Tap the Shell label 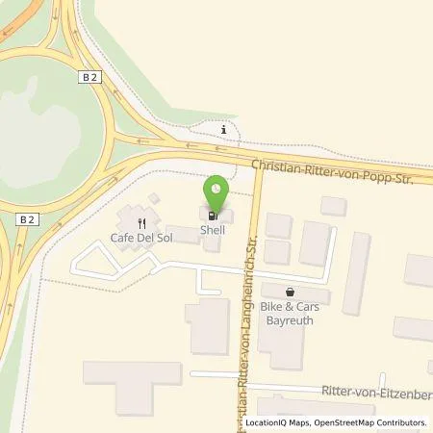point(213,230)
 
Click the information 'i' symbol point(224,130)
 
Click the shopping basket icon point(290,291)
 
